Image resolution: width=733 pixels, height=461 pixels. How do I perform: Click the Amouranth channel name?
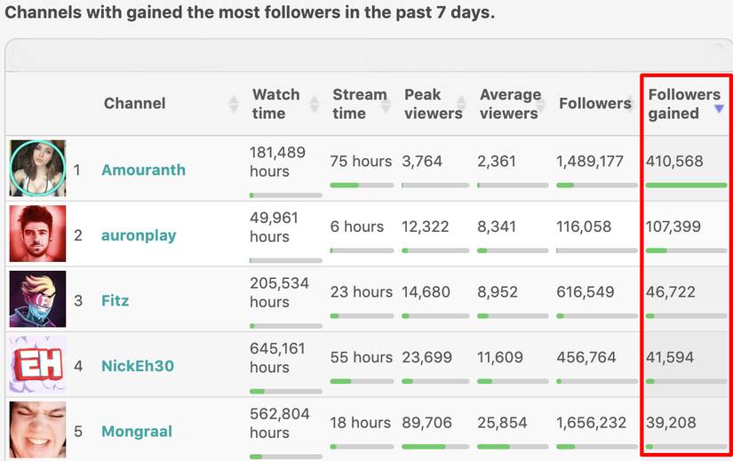point(143,170)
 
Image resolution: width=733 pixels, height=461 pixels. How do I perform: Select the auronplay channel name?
point(139,235)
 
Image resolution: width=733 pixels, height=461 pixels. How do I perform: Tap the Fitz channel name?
point(116,300)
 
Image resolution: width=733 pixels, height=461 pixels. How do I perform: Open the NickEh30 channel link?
point(138,366)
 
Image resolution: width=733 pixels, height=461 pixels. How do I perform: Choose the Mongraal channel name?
point(137,432)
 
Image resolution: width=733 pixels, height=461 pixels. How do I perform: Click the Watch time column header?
point(275,104)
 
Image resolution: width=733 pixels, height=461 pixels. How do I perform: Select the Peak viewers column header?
point(433,104)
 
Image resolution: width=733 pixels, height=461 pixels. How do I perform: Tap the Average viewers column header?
point(510,104)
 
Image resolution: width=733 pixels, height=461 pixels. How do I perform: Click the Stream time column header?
point(359,104)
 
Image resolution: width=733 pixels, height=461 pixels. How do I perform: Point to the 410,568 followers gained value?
point(675,162)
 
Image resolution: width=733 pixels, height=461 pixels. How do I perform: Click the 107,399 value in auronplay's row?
point(673,227)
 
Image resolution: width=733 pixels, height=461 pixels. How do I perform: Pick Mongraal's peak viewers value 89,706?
point(426,423)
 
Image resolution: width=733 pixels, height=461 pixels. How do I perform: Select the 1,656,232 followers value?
point(590,423)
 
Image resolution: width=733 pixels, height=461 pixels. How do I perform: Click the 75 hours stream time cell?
point(361,162)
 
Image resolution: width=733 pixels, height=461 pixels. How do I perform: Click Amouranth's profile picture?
point(37,168)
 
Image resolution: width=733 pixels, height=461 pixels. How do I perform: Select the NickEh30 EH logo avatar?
point(37,364)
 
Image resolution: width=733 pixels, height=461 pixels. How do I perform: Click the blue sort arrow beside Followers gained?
point(719,109)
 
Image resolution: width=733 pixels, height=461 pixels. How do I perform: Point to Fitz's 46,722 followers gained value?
point(671,291)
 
